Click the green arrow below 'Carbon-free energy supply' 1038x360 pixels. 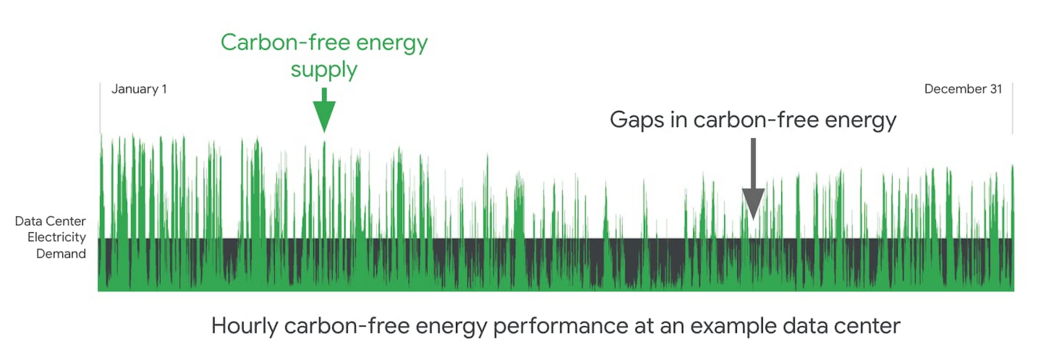click(324, 110)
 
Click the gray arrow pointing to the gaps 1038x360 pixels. click(753, 179)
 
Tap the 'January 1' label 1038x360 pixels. click(139, 89)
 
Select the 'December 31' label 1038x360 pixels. click(963, 89)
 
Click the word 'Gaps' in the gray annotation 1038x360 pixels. click(637, 121)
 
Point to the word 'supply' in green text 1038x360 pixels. click(324, 71)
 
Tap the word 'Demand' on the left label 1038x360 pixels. click(61, 254)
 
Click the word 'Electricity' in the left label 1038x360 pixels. click(56, 237)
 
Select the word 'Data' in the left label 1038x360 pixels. click(28, 221)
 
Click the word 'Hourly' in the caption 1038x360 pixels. click(245, 326)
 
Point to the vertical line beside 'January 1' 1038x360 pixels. click(100, 108)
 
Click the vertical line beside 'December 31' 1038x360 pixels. click(1013, 108)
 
